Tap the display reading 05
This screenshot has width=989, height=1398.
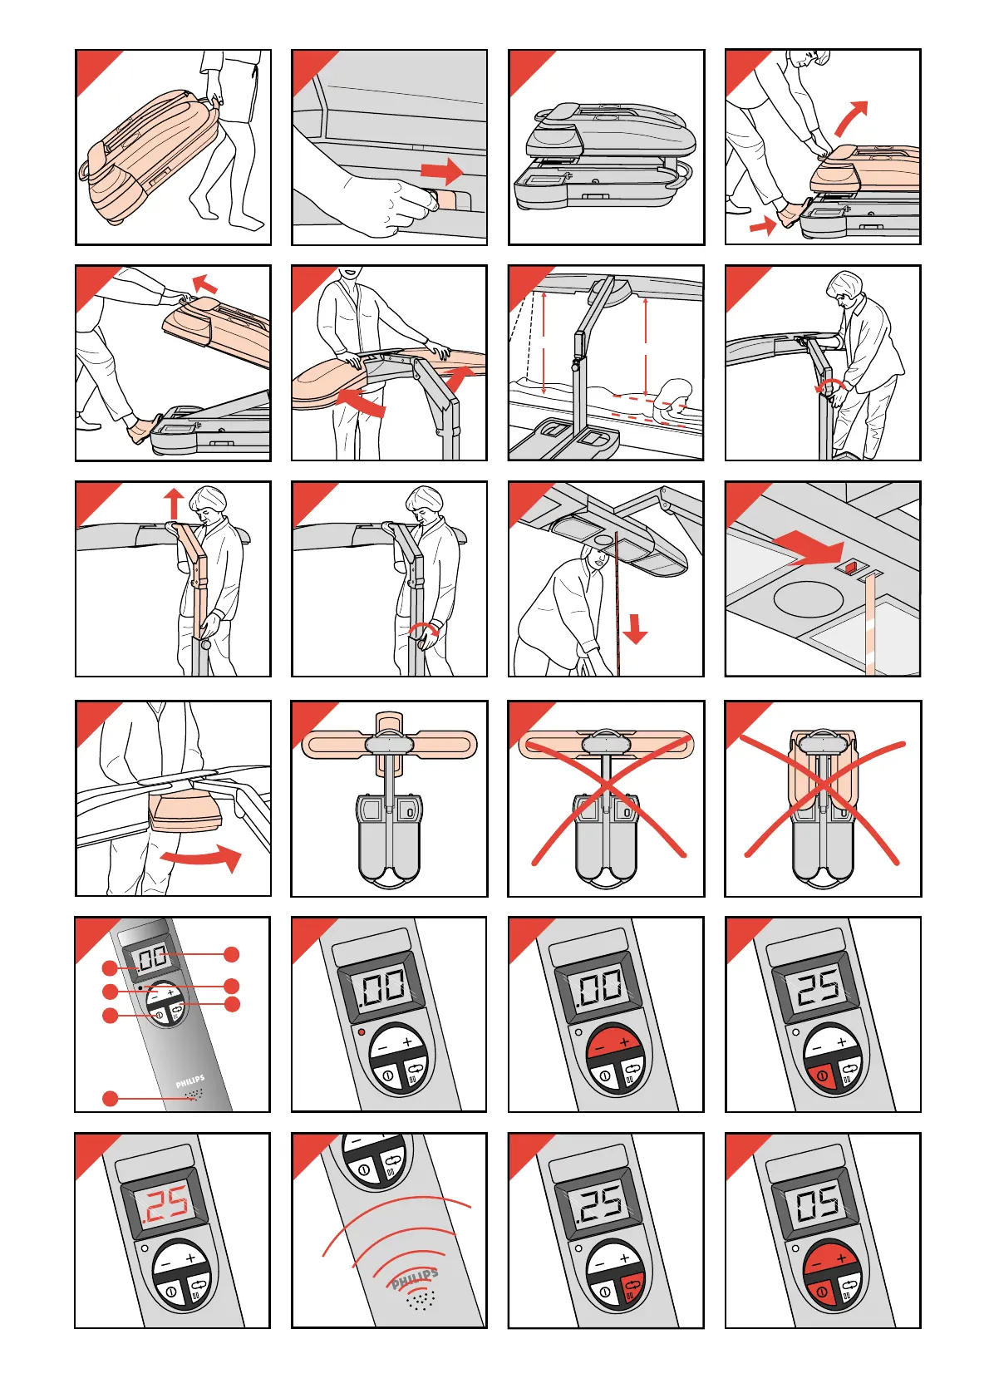[x=818, y=1201]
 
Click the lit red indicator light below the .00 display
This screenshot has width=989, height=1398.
[x=362, y=1031]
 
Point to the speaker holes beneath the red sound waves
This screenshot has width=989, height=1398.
[x=421, y=1299]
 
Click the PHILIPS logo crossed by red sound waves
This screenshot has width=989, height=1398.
[x=415, y=1277]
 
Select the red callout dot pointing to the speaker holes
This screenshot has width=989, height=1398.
[x=110, y=1098]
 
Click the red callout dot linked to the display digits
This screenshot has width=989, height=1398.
[x=232, y=954]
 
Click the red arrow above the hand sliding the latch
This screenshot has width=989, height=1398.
[x=442, y=171]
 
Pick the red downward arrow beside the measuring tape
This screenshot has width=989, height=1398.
[x=635, y=629]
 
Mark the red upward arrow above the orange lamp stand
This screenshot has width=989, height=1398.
[x=174, y=504]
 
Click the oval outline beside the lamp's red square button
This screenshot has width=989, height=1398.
[x=808, y=598]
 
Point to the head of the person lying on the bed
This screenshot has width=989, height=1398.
[x=678, y=391]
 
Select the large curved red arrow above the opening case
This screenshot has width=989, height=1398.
[x=851, y=118]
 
